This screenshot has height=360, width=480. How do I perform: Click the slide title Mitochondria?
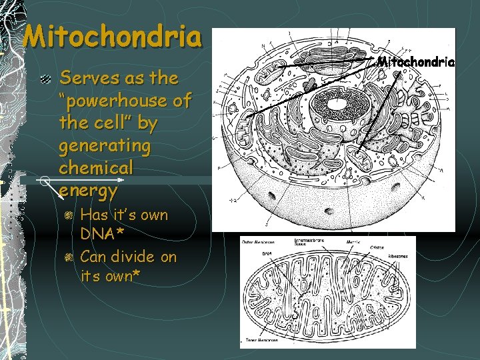[111, 37]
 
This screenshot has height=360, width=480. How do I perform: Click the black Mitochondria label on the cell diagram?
[416, 62]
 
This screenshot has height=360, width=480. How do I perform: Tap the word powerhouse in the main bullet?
[125, 101]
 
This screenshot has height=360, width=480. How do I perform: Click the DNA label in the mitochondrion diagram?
[266, 254]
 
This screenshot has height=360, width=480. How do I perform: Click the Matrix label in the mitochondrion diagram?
[353, 242]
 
